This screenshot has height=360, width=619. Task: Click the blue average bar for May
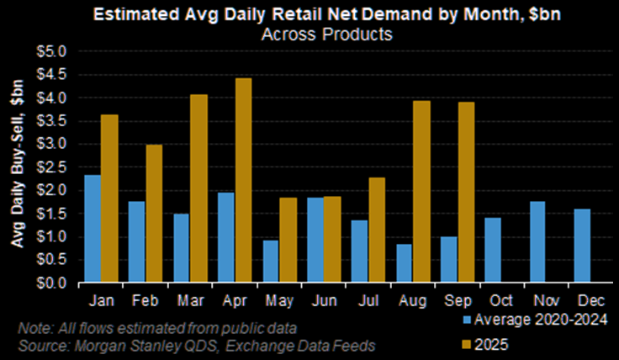click(x=271, y=262)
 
